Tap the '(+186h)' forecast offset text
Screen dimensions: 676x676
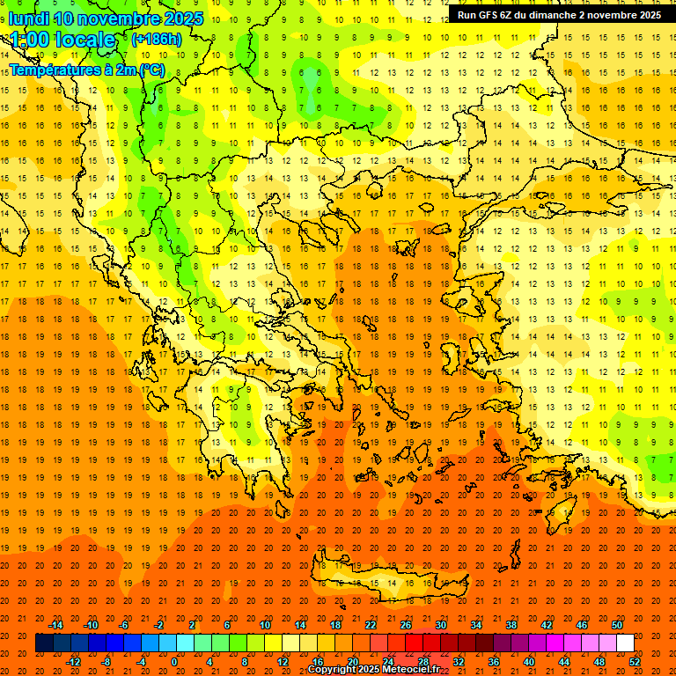[156, 40]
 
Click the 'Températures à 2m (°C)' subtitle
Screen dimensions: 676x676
[86, 70]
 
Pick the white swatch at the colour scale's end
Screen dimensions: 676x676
[625, 643]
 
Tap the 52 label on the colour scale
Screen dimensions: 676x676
[636, 662]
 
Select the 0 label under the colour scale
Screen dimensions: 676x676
[174, 662]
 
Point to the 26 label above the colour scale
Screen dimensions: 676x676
[406, 625]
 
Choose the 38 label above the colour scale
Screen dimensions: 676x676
[511, 625]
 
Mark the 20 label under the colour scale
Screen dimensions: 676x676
[352, 662]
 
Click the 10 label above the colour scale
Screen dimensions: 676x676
[265, 625]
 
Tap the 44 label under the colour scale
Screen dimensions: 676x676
[564, 662]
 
